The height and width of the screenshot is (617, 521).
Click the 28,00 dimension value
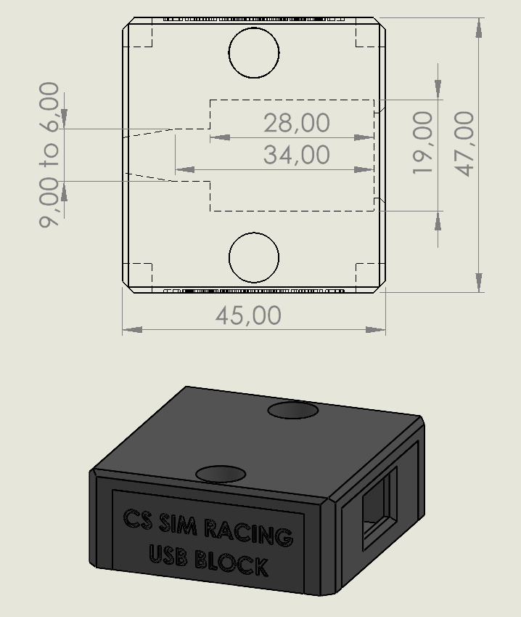click(297, 123)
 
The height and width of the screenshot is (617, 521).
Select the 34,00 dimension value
click(297, 155)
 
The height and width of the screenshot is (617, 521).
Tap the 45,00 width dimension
click(248, 315)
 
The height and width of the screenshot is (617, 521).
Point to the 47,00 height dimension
click(464, 144)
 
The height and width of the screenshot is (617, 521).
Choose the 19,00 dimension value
click(423, 142)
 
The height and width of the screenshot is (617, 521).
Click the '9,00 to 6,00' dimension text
click(49, 155)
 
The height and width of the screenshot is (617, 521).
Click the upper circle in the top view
click(254, 28)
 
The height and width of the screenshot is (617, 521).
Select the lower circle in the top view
click(254, 233)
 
